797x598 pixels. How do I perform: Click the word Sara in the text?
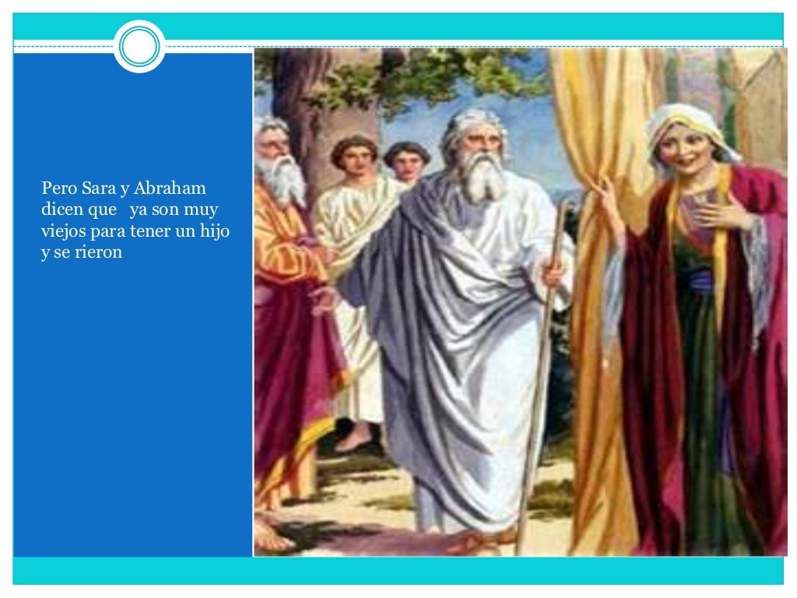click(x=97, y=188)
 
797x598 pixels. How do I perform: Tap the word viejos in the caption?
click(x=62, y=232)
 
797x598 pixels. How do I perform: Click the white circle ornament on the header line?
click(x=139, y=47)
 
